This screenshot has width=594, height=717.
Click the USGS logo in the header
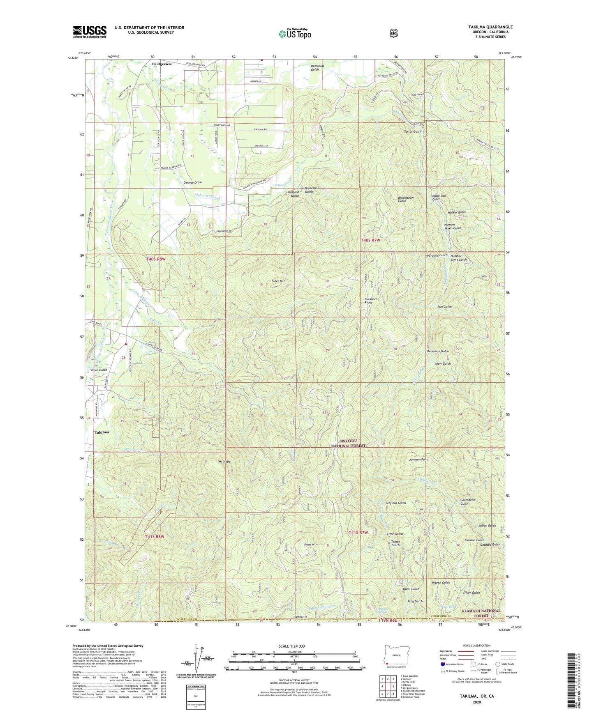click(x=90, y=31)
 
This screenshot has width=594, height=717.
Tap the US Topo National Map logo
click(x=294, y=34)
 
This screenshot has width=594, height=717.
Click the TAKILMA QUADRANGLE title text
click(x=484, y=27)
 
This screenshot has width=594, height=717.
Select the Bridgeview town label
click(x=162, y=64)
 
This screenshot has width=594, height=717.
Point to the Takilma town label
click(x=102, y=432)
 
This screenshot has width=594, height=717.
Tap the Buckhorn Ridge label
click(x=371, y=301)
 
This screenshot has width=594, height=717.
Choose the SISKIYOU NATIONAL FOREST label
click(x=349, y=443)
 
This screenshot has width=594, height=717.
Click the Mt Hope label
click(x=224, y=462)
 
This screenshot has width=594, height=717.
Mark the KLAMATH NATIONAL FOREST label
click(x=481, y=613)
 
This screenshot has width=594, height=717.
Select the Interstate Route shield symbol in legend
click(x=442, y=664)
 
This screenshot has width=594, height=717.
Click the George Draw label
click(x=181, y=182)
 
